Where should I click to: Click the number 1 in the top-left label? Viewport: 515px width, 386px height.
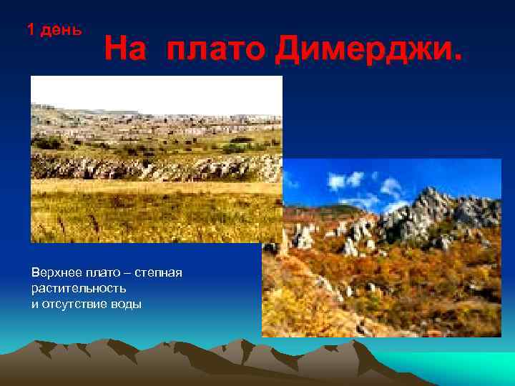click(x=30, y=30)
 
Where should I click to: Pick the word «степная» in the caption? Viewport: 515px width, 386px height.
click(x=160, y=273)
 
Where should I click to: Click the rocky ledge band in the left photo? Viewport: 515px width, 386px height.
click(x=157, y=168)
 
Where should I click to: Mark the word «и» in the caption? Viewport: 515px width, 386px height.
click(x=34, y=304)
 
